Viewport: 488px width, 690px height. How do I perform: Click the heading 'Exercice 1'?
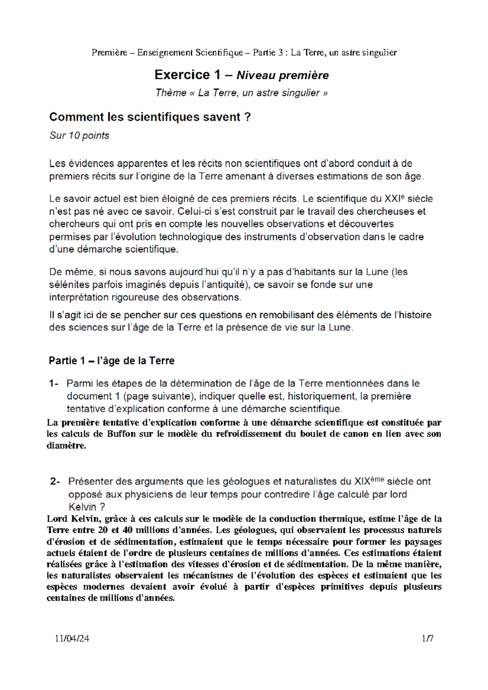pyautogui.click(x=187, y=75)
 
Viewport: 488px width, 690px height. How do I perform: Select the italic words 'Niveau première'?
pyautogui.click(x=283, y=75)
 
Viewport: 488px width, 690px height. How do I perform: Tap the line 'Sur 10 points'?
pyautogui.click(x=79, y=135)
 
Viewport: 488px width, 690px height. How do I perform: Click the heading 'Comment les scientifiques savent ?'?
pyautogui.click(x=150, y=117)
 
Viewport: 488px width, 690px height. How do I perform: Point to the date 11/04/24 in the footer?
pyautogui.click(x=72, y=638)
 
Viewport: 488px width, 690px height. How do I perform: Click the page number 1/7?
pyautogui.click(x=427, y=638)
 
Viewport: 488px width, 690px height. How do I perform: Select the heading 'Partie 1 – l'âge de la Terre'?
pyautogui.click(x=111, y=360)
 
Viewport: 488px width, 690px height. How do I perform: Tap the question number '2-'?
pyautogui.click(x=55, y=482)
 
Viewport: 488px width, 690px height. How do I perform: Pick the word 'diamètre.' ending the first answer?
pyautogui.click(x=67, y=445)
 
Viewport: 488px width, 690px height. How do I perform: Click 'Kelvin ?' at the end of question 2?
pyautogui.click(x=87, y=507)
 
